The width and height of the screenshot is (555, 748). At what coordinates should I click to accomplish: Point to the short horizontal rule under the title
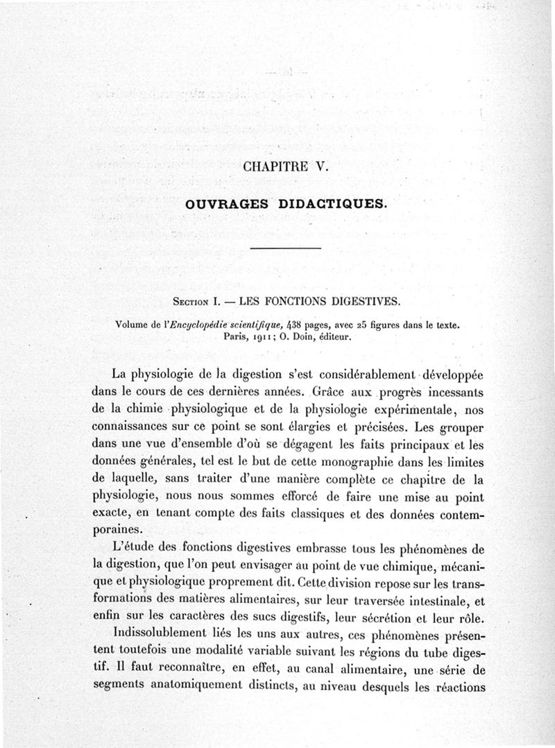click(x=286, y=248)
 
